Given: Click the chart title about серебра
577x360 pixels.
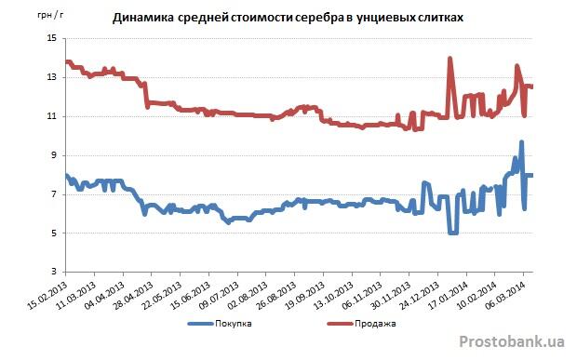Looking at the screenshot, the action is tap(288, 18).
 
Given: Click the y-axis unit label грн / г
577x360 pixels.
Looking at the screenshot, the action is tap(50, 15).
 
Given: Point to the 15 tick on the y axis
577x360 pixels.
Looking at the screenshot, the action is tap(51, 38).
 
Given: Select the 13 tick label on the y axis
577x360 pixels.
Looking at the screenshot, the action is tap(51, 77).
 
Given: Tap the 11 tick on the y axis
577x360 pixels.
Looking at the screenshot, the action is tap(51, 116).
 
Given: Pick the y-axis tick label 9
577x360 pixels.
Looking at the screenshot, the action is tap(54, 155).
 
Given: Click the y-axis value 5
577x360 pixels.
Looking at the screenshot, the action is tap(54, 233).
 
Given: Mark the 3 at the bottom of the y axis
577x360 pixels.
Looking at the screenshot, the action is tap(54, 272).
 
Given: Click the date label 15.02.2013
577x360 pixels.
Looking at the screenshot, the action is tap(47, 295).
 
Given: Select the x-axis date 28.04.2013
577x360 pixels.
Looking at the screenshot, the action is tap(134, 295).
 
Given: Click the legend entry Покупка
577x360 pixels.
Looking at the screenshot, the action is tap(220, 324).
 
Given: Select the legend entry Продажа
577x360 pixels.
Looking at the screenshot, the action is tap(362, 324).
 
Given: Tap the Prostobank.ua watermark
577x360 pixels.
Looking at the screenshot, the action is tap(512, 341).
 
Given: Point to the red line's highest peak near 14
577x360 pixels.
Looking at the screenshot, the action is tap(450, 58).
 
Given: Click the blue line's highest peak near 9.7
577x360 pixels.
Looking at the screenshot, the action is tap(521, 142).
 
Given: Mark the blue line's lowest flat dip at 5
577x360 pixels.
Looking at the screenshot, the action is tap(453, 233).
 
